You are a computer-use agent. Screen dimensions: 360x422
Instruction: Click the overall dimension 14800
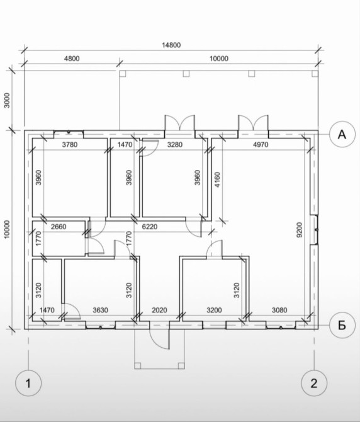171,45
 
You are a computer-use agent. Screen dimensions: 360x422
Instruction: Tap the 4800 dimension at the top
72,59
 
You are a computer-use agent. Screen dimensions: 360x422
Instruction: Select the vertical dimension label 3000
7,100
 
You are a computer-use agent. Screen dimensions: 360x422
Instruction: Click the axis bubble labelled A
342,134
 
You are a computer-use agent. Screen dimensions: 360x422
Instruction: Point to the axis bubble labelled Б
342,326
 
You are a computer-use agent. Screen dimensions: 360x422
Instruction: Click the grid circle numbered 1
28,383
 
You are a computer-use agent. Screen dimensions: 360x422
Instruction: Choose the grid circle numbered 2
314,383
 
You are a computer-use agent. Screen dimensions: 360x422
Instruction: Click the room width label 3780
70,144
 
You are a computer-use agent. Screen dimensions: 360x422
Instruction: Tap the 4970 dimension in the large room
261,144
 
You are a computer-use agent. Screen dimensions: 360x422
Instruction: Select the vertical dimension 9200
299,229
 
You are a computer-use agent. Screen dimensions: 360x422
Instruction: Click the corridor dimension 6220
150,227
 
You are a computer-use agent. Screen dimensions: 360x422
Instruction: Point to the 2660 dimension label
59,227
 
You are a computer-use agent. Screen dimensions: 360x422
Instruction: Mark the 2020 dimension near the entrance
159,310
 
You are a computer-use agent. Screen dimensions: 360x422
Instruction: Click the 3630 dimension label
100,310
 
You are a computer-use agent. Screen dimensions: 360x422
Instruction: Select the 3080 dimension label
279,310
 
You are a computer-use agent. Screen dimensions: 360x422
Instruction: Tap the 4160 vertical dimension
217,180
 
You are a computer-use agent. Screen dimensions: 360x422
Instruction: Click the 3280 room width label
175,144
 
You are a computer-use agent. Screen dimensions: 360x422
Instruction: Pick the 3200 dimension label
214,310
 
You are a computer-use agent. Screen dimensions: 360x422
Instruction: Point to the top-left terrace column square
123,74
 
